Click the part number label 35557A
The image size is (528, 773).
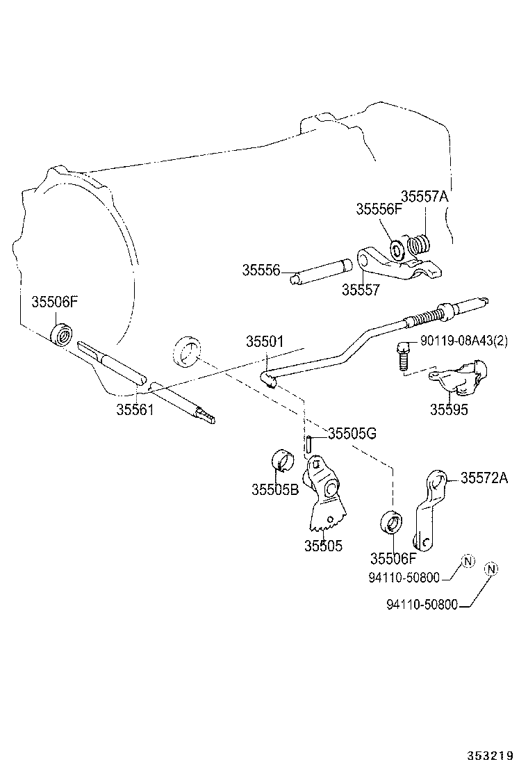click(424, 197)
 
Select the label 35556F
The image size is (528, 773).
click(379, 209)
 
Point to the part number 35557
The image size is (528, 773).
click(361, 289)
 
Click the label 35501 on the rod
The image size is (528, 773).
click(264, 342)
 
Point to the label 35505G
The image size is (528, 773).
click(352, 434)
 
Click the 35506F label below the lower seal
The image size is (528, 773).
click(393, 558)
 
